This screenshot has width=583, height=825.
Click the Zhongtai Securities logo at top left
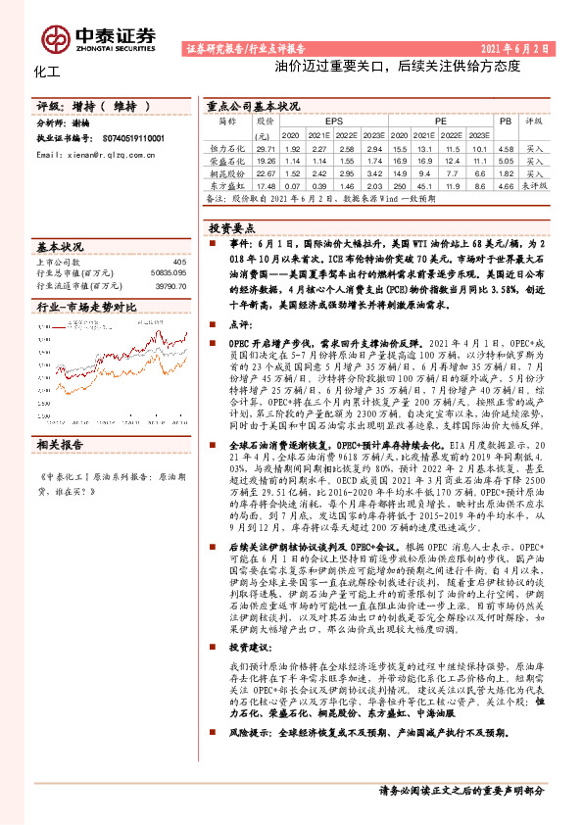(97, 37)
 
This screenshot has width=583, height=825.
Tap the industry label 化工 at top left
(47, 73)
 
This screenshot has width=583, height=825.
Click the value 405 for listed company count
(178, 262)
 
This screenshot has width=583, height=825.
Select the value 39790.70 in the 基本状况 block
(169, 287)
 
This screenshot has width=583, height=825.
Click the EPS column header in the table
(319, 120)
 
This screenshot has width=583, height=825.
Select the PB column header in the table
(506, 120)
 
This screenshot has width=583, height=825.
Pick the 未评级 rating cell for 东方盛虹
(534, 183)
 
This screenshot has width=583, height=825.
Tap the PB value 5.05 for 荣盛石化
(506, 160)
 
